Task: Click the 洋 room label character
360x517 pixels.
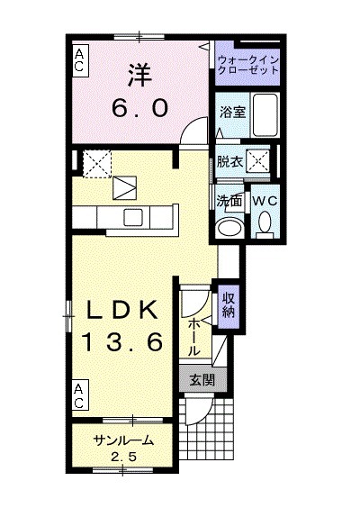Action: pos(139,73)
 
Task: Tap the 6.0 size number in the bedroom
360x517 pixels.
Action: pos(140,108)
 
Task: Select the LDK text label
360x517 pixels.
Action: pos(123,309)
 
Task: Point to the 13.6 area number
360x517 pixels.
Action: pos(123,341)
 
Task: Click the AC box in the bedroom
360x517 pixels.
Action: pos(80,60)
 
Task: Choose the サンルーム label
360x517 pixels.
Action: pos(122,440)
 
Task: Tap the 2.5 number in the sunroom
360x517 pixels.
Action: pos(122,457)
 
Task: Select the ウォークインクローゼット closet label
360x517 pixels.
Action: pos(248,65)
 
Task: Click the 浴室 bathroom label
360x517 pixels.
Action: pos(231,113)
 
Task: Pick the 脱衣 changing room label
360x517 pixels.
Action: pos(229,162)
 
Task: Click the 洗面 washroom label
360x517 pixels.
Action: pos(229,200)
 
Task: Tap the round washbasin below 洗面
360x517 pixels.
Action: pos(230,224)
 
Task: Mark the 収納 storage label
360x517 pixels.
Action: pos(229,304)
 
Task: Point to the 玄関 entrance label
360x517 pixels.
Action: pos(202,379)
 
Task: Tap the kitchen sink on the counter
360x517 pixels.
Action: pos(132,216)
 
